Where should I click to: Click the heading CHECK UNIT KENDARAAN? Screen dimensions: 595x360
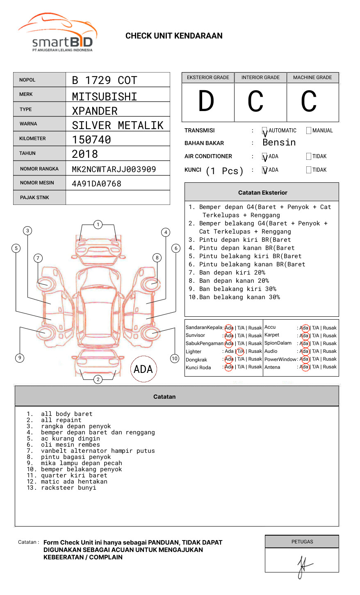174,36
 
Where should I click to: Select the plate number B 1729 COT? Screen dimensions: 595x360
104,80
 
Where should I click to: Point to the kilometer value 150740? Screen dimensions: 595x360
91,140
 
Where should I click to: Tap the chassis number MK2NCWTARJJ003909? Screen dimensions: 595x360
114,169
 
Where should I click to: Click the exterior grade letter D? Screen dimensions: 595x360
206,101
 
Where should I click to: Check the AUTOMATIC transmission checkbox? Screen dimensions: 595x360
264,131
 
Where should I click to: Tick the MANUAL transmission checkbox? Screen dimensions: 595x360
309,131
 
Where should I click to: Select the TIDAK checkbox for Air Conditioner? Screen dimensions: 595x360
309,157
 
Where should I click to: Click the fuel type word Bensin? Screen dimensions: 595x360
279,143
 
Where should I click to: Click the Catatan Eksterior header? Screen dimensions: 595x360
262,193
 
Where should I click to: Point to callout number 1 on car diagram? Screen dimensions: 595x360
98,225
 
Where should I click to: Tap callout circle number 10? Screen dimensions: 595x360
175,359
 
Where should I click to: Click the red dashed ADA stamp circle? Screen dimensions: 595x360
143,369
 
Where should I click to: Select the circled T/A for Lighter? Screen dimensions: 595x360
241,351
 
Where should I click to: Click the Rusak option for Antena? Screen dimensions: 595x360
330,367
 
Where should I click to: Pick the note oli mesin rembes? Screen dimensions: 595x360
70,445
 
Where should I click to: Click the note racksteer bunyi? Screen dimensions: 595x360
68,488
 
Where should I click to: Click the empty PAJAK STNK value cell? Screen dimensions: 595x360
118,198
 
